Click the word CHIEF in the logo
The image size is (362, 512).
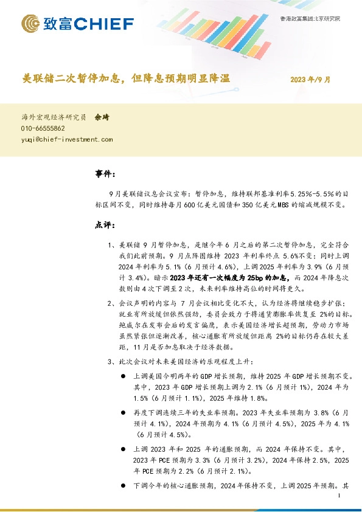click(x=108, y=24)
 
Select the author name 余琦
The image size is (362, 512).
click(x=102, y=117)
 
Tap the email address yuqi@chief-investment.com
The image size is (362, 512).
click(x=67, y=139)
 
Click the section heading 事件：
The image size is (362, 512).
click(x=105, y=174)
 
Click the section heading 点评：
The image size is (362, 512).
click(x=105, y=224)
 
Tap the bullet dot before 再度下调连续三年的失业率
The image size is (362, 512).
click(x=124, y=412)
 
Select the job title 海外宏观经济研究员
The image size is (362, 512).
click(x=54, y=117)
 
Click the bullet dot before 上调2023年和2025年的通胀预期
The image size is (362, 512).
click(x=124, y=449)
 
